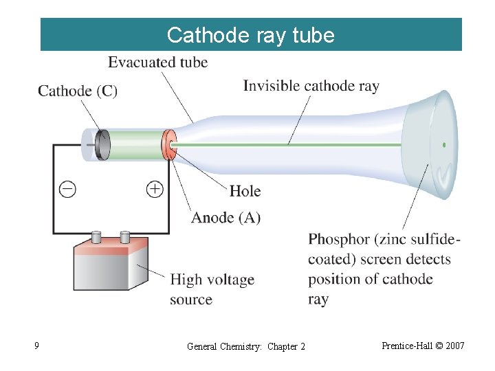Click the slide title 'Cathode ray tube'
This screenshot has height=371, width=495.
[251, 35]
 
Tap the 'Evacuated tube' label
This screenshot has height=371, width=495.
[157, 63]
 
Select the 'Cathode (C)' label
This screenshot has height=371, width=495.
[78, 91]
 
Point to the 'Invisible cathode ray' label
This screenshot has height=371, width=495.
[311, 86]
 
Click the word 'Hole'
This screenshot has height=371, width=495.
[245, 191]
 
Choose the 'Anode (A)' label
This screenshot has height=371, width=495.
[225, 218]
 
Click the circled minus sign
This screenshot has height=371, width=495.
[67, 189]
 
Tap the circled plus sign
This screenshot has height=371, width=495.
[155, 189]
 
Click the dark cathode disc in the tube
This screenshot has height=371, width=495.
[102, 145]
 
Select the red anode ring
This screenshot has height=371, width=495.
[167, 145]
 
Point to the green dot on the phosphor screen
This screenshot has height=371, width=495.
[444, 145]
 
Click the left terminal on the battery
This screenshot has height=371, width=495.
[97, 238]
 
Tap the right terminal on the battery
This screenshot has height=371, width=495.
[125, 237]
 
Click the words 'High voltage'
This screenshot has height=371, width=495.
[212, 280]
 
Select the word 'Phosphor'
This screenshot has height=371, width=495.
[339, 240]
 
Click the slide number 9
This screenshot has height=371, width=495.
[36, 346]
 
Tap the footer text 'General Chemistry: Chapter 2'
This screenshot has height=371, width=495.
[246, 346]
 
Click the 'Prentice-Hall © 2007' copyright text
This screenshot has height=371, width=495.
[423, 346]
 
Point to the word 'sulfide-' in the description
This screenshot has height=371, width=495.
[434, 240]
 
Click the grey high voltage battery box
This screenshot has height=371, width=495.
[110, 265]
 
